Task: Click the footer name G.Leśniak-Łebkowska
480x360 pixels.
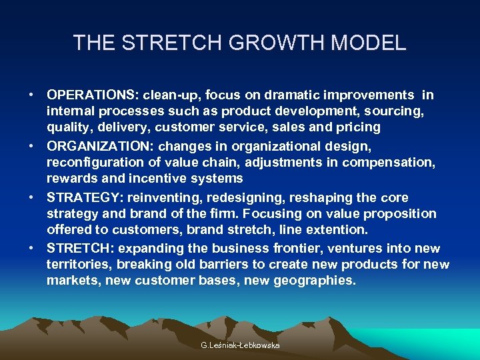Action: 240,345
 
